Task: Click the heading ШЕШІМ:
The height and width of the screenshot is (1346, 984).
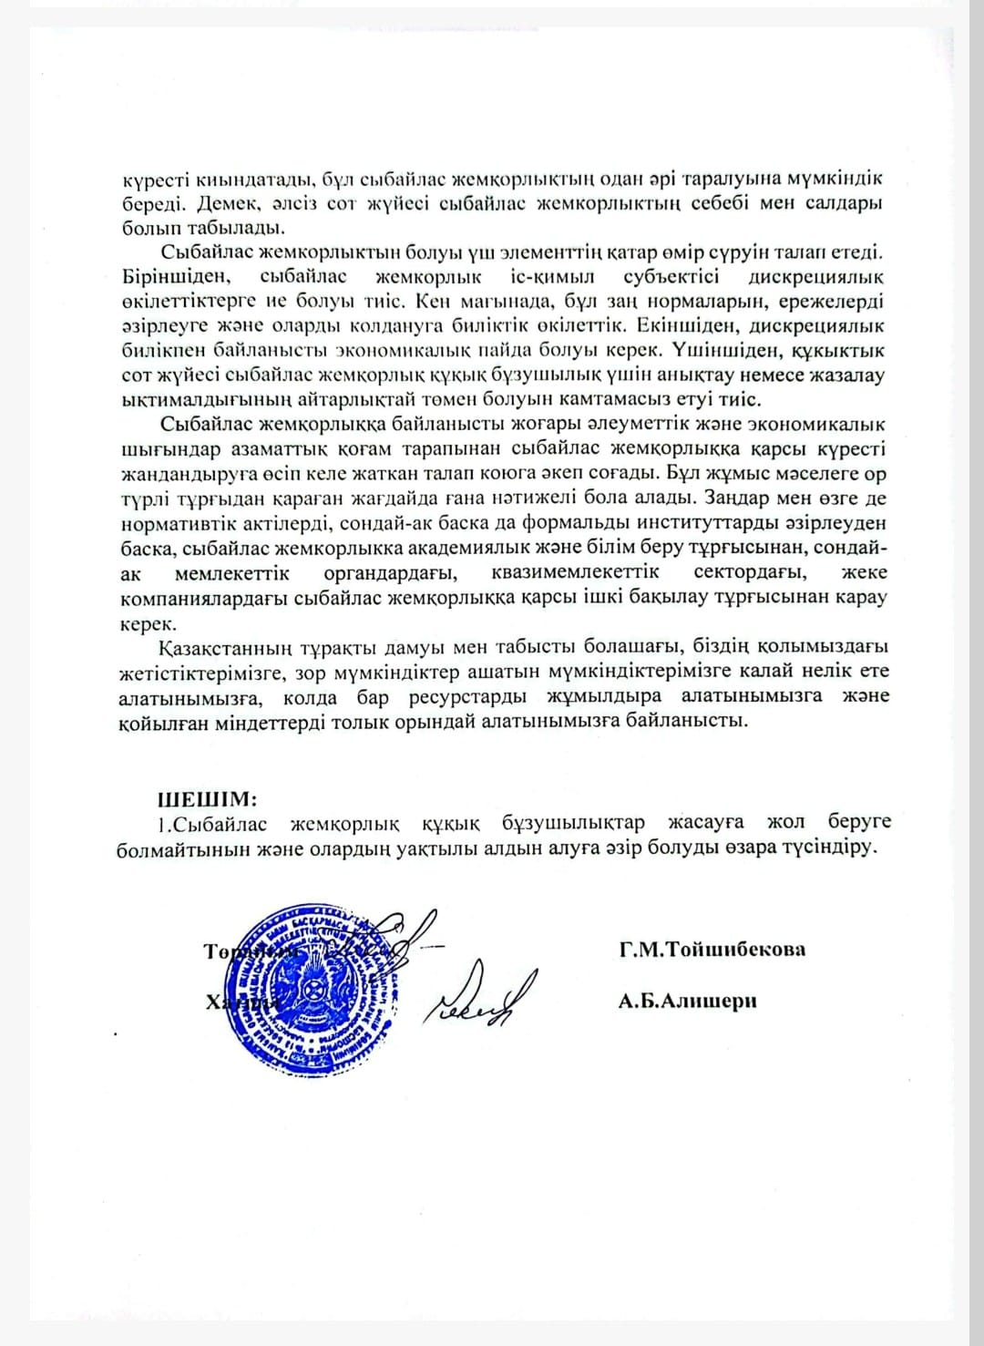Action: point(208,799)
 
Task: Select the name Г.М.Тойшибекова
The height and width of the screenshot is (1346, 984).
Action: point(712,950)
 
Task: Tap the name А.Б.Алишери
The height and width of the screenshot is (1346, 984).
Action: point(687,1002)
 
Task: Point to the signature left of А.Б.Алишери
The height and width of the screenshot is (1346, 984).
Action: point(479,998)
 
